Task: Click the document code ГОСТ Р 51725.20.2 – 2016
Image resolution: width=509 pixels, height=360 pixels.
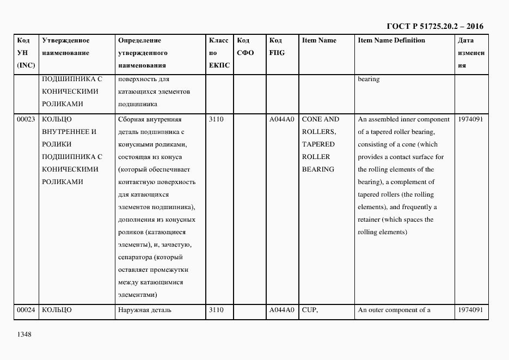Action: coord(434,26)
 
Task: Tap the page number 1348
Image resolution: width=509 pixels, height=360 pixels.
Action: coord(24,334)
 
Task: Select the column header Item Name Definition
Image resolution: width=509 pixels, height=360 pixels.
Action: coord(391,40)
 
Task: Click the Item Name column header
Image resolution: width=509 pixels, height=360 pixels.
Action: coord(319,40)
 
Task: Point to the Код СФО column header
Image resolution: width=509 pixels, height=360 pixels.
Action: coord(246,47)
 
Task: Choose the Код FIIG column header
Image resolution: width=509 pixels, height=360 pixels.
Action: coord(277,47)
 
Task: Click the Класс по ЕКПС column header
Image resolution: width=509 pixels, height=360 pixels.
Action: coord(219,53)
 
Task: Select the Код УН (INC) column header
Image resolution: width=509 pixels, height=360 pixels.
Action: coord(26,53)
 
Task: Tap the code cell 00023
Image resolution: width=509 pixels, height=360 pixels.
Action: coord(26,119)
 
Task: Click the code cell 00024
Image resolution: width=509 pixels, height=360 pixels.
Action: coord(26,310)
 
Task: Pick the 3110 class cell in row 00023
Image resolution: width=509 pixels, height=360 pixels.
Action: coord(216,119)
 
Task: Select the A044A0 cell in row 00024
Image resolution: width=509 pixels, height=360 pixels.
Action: coord(281,310)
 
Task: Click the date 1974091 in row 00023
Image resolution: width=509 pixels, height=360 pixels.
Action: coord(470,119)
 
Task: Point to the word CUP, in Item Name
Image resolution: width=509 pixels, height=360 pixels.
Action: coord(310,310)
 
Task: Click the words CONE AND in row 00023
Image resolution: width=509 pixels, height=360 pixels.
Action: coord(320,119)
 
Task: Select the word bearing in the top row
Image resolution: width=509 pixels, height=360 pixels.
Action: coord(369,80)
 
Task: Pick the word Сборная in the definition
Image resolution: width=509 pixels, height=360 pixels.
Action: coord(131,119)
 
